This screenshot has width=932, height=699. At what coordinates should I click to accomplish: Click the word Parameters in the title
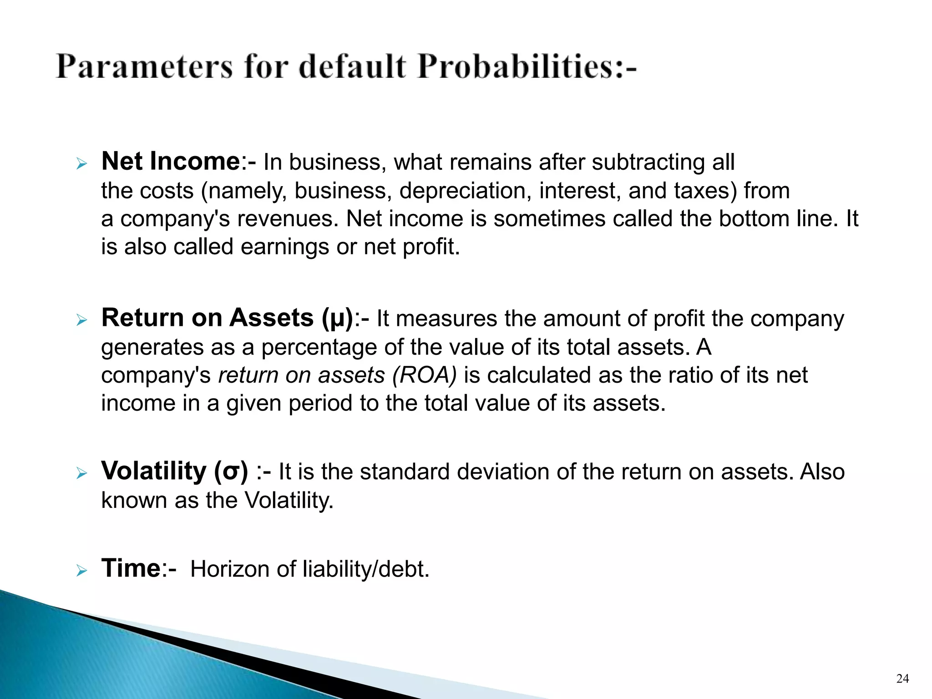pos(144,67)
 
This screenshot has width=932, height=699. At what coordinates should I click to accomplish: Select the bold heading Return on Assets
pos(208,317)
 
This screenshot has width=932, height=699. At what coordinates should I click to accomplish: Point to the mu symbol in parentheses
pos(337,318)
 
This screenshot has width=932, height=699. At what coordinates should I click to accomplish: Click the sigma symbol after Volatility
pos(231,471)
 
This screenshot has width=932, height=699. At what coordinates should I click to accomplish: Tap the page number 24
pos(902,679)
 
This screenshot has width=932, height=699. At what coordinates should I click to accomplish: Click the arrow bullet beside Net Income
pos(81,163)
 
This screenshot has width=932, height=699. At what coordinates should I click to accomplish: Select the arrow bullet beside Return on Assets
pos(81,320)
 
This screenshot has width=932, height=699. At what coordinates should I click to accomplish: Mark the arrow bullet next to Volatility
pos(81,473)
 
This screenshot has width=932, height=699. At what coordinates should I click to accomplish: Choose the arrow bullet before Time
pos(81,570)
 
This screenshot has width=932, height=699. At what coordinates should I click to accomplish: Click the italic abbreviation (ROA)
pos(424,375)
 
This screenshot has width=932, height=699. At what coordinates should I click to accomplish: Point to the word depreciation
pos(465,191)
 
